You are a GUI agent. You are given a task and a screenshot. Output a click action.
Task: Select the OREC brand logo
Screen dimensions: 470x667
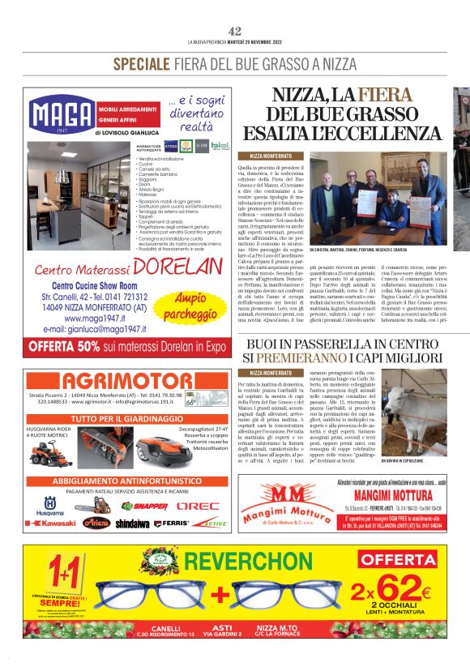coord(198,506)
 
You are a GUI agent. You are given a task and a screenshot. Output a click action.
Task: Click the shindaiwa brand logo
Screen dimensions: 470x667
coord(132,524)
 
